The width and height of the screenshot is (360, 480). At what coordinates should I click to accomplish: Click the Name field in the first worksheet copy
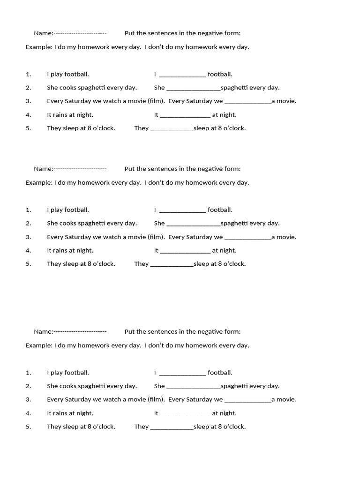point(80,33)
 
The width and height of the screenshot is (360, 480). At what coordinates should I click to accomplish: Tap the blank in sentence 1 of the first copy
point(182,75)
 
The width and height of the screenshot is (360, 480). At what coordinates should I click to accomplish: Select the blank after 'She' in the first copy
point(193,88)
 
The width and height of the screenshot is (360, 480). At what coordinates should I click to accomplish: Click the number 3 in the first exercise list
point(28,101)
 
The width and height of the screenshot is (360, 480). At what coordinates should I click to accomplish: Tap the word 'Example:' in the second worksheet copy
point(39,182)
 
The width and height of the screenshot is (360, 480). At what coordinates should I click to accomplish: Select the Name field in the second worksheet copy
point(80,169)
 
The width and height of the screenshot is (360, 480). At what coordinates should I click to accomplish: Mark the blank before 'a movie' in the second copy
point(248,237)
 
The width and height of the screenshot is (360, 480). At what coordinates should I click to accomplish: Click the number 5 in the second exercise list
point(28,264)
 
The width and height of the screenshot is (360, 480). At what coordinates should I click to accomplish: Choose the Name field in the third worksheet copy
point(80,331)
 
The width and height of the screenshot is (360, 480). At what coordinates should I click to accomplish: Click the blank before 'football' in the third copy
point(182,373)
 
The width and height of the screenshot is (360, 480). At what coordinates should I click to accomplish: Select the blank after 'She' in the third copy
point(193,387)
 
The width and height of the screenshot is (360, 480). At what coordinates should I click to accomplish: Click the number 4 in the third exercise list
point(28,413)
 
